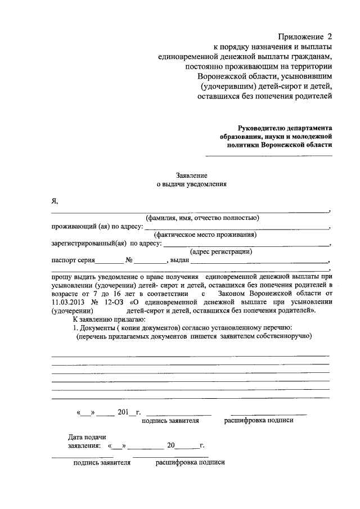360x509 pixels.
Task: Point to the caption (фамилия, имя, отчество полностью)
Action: tap(201, 218)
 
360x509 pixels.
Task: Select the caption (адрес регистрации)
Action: tap(221, 252)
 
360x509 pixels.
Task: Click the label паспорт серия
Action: tap(73, 260)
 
